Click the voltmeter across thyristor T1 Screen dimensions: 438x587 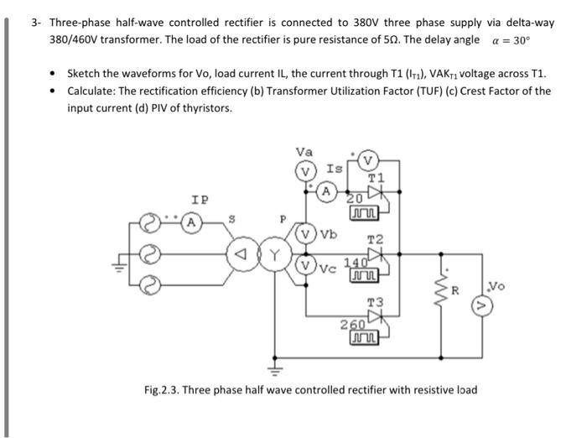coord(368,160)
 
